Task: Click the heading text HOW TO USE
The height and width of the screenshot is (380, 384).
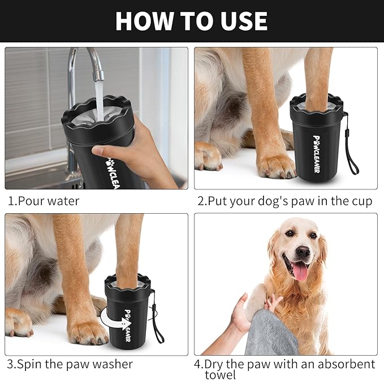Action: [x=191, y=21]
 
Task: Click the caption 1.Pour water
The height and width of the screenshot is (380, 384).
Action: [x=44, y=201]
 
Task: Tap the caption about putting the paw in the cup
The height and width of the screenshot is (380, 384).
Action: [x=284, y=201]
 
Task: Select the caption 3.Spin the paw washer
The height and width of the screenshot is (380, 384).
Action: [x=70, y=364]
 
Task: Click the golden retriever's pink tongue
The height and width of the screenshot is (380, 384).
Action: [x=300, y=271]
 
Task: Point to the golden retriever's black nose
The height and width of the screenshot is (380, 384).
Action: [x=303, y=251]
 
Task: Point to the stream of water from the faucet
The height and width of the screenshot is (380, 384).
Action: [x=99, y=99]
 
